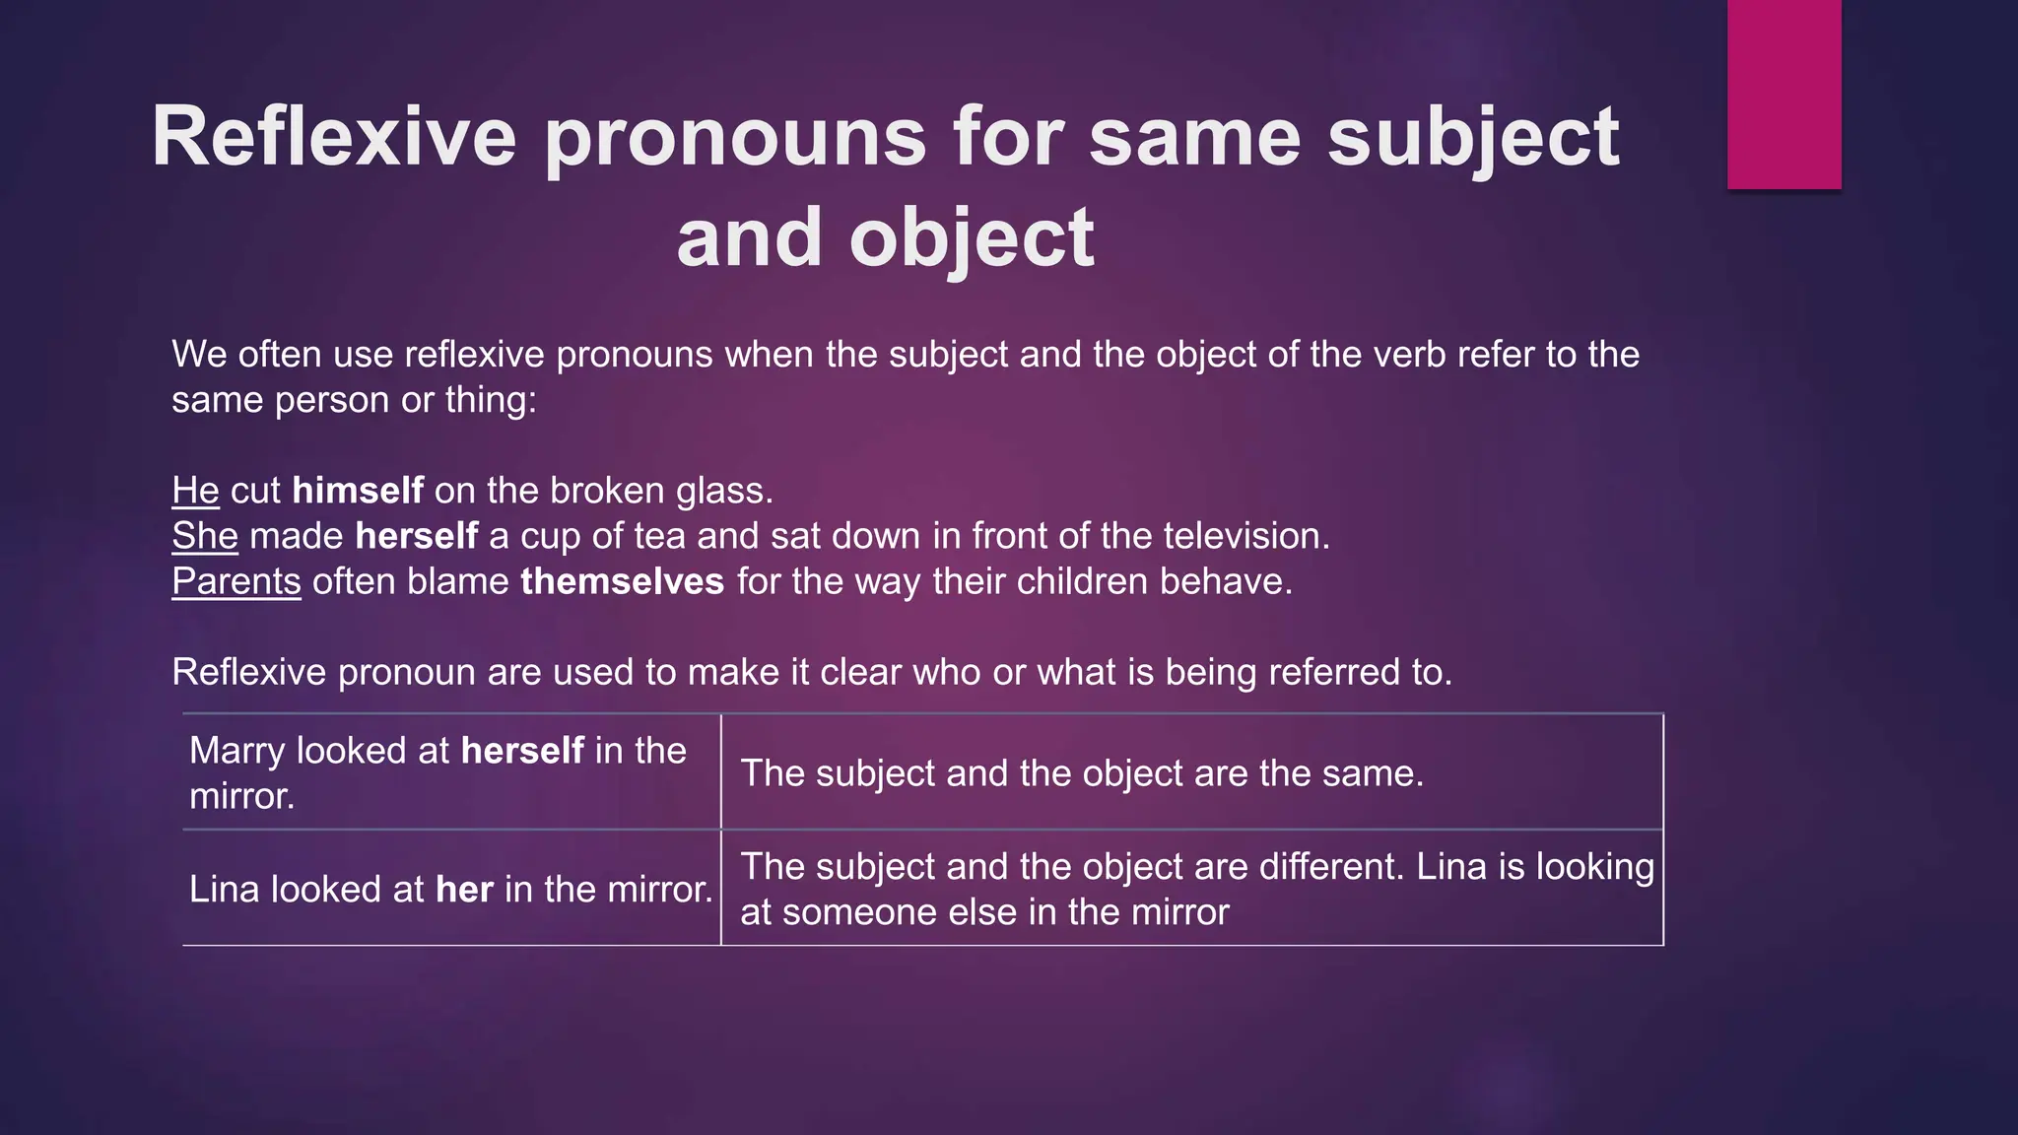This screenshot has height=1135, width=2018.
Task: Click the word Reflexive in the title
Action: coord(333,138)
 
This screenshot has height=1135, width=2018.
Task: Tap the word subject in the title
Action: coord(1473,138)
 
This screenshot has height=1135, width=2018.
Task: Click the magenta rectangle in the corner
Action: coord(1783,94)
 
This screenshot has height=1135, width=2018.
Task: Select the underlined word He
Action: coord(195,491)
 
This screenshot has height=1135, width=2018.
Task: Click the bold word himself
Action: coord(358,491)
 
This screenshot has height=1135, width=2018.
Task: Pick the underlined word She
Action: coord(205,536)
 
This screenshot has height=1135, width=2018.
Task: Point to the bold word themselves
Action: coord(622,581)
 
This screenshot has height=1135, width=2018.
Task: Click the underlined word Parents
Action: coord(236,581)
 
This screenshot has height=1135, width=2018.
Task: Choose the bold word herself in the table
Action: coord(522,751)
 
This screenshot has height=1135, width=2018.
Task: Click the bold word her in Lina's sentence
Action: coord(464,890)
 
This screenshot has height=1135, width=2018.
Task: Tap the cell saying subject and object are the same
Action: coord(1082,773)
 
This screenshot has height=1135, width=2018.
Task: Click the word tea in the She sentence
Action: coord(659,536)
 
